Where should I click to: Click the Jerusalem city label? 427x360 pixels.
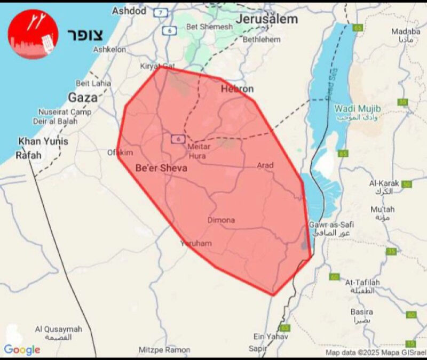point(267,19)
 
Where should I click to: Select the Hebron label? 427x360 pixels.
point(237,89)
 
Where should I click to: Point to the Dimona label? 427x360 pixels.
point(221,220)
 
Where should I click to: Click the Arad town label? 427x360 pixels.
point(265,165)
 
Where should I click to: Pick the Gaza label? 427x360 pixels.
point(83,98)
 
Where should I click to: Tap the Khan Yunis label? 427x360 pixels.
point(43,141)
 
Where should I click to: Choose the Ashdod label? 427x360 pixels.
point(129,11)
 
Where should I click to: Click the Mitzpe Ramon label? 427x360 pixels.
point(164,350)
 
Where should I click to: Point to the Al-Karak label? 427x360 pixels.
point(384,183)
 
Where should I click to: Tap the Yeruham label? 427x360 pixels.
point(196,243)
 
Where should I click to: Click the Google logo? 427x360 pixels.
point(22,350)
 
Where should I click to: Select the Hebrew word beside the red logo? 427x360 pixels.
point(85,33)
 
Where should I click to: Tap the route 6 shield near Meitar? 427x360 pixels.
point(177,139)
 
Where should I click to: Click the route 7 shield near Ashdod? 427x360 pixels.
point(162,11)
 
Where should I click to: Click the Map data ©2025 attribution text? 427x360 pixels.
point(375,352)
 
